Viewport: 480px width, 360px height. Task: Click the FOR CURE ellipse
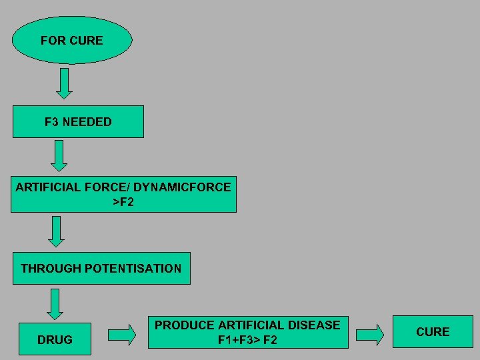tap(72, 40)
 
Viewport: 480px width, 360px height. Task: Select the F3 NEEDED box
tap(78, 121)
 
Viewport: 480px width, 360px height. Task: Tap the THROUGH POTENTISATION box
tap(101, 268)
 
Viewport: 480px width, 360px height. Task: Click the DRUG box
tap(55, 339)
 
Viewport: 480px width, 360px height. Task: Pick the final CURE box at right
tap(433, 331)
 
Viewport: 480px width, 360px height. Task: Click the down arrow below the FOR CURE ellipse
tap(65, 83)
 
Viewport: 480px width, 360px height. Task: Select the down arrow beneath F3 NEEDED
tap(60, 156)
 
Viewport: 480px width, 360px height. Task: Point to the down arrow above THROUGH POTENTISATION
tap(57, 231)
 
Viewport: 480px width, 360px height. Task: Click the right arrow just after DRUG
tap(121, 335)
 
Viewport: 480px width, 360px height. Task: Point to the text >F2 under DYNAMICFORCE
tap(123, 201)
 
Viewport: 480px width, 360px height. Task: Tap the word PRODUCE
tap(185, 325)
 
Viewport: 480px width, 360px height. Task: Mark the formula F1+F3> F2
tap(247, 340)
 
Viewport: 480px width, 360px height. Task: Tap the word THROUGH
tap(51, 269)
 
